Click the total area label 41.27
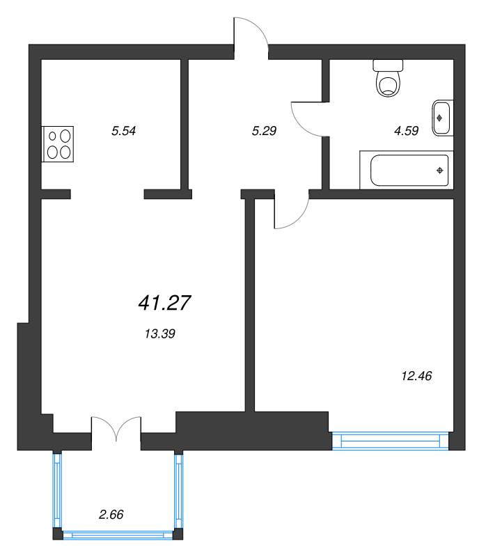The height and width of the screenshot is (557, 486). [165, 303]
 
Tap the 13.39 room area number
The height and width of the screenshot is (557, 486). [159, 334]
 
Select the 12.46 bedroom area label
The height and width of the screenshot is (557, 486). [417, 376]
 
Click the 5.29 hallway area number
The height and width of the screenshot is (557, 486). [265, 130]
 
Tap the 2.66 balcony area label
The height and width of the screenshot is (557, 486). [111, 515]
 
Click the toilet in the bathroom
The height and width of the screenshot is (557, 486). [388, 78]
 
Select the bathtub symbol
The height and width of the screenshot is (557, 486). [405, 170]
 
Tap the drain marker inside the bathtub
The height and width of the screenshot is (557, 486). [439, 170]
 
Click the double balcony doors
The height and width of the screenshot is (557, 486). [116, 428]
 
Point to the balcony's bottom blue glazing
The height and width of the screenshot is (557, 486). [118, 535]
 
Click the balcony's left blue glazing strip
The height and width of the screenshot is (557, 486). [57, 491]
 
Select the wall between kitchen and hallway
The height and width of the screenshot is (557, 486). [185, 124]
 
